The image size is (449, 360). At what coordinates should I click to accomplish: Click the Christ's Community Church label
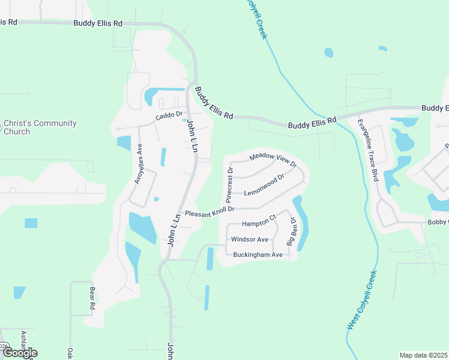tap(40, 127)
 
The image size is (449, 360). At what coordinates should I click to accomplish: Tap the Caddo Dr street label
tap(168, 116)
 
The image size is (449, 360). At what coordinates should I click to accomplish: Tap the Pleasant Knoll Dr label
tap(209, 213)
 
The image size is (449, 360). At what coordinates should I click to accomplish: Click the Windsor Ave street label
tap(250, 239)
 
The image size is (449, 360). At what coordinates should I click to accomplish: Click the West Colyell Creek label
tap(363, 300)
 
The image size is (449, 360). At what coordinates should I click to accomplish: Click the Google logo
tap(20, 352)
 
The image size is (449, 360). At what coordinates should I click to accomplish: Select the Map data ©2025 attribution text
tap(423, 355)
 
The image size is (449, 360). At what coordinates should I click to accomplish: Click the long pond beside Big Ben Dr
tap(302, 222)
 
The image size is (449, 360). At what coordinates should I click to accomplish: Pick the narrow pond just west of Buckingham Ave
tap(210, 259)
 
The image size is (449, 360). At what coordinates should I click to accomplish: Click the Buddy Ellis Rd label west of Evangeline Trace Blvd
tap(312, 123)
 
